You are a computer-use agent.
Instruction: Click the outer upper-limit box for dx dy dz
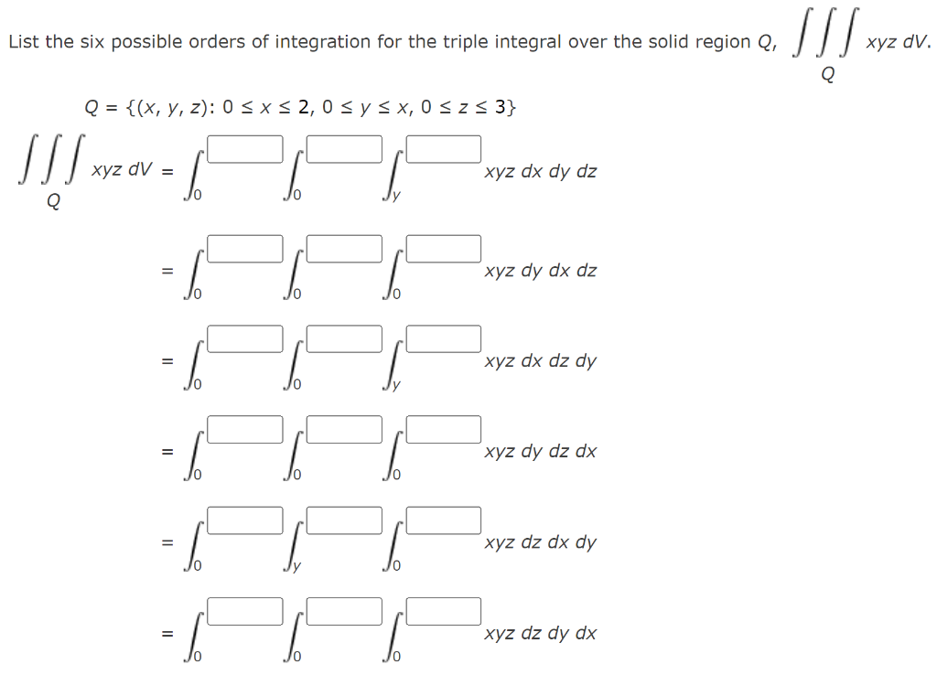click(x=244, y=149)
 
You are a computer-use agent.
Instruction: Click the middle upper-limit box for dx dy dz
click(x=344, y=149)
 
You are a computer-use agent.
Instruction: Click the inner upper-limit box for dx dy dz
click(x=444, y=149)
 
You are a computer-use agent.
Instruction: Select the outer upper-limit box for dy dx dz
click(x=244, y=249)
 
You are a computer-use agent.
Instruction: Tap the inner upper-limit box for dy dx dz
click(x=444, y=249)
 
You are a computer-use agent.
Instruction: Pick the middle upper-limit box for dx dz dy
click(x=344, y=338)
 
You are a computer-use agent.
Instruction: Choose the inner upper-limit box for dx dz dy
click(x=444, y=338)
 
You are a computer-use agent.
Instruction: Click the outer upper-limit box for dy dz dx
click(x=244, y=429)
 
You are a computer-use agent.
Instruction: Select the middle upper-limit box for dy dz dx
click(x=344, y=429)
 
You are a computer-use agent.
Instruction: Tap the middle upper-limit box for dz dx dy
click(x=344, y=520)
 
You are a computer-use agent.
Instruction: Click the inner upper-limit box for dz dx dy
click(x=444, y=520)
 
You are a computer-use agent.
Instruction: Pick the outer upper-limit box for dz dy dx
click(x=244, y=610)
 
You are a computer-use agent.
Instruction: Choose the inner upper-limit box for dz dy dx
click(x=444, y=610)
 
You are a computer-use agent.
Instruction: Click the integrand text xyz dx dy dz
click(x=541, y=172)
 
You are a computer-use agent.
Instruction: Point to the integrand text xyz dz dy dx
click(x=541, y=633)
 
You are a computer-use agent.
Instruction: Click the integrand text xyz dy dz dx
click(x=541, y=452)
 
